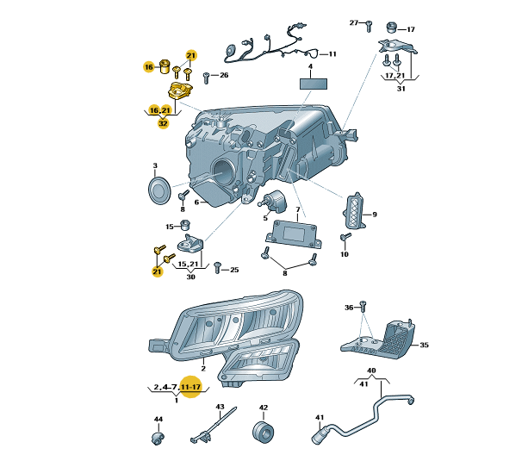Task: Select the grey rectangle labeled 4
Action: point(314,84)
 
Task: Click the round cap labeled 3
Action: point(159,190)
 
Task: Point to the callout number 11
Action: point(332,54)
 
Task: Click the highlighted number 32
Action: point(163,123)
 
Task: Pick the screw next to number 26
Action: point(207,77)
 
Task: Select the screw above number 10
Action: point(345,237)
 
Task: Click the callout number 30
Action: point(189,277)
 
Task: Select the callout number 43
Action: point(220,407)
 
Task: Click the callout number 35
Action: point(423,346)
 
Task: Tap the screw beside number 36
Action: point(363,306)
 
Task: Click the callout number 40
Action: point(372,371)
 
